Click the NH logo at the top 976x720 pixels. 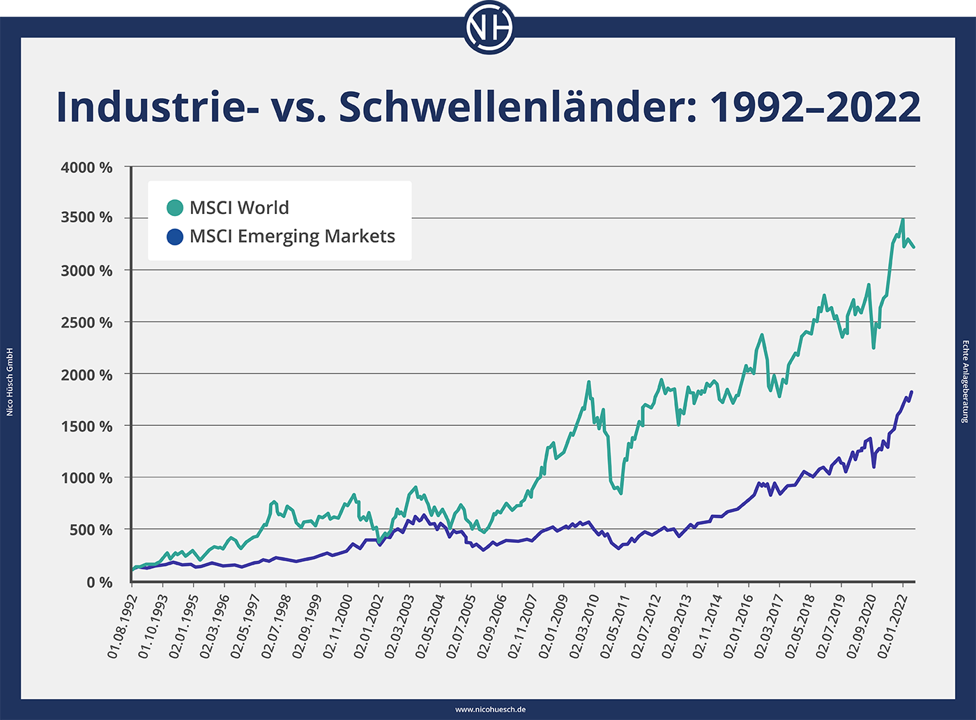(489, 29)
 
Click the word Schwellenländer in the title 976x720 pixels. (517, 107)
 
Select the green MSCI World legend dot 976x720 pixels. (175, 208)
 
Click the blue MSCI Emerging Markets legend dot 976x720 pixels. (175, 237)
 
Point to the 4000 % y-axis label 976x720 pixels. (86, 168)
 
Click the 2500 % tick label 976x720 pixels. (86, 323)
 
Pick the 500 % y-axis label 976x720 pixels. (91, 530)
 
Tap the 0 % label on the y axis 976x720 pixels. (100, 582)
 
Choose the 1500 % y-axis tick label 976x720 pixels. (86, 427)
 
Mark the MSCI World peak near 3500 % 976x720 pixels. (903, 220)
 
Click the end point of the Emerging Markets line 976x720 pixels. (912, 392)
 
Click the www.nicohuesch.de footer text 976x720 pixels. (490, 710)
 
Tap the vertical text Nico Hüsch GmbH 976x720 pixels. (10, 382)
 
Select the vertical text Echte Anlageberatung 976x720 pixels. (966, 382)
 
